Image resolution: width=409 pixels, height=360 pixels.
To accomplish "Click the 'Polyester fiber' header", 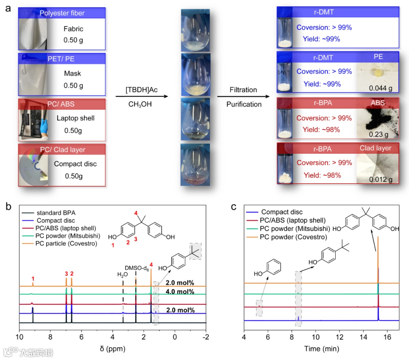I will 62,13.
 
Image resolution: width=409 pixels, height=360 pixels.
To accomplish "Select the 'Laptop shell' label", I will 75,118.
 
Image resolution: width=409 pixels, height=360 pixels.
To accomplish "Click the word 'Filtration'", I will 243,90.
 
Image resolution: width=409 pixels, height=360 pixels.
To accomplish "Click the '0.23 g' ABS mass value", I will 378,134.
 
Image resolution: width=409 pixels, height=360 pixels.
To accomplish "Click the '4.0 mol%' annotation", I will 180,291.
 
